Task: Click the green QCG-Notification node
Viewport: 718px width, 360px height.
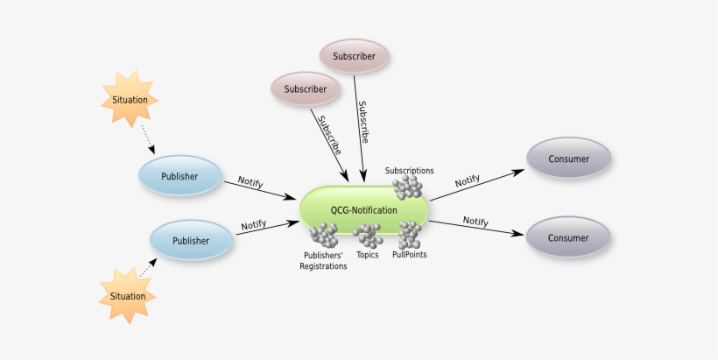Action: pyautogui.click(x=364, y=210)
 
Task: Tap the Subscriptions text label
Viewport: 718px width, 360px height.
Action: pyautogui.click(x=409, y=171)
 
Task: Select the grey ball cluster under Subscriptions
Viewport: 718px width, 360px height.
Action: pyautogui.click(x=407, y=187)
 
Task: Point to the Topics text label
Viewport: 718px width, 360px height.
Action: pyautogui.click(x=368, y=256)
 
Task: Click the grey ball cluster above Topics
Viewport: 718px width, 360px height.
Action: pyautogui.click(x=368, y=236)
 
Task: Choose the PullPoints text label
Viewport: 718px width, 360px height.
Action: pyautogui.click(x=409, y=256)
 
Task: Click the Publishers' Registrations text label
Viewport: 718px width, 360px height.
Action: pyautogui.click(x=323, y=261)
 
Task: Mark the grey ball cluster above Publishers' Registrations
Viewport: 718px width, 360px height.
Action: pyautogui.click(x=323, y=235)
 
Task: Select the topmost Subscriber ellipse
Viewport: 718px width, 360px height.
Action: pyautogui.click(x=354, y=57)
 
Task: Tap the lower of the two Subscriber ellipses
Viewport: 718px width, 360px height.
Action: pyautogui.click(x=305, y=88)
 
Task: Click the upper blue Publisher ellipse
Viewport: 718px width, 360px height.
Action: pyautogui.click(x=179, y=176)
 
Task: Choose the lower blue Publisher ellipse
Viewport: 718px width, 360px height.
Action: pyautogui.click(x=191, y=241)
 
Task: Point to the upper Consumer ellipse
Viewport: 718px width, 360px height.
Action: pyautogui.click(x=568, y=159)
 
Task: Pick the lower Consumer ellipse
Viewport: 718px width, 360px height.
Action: pyautogui.click(x=568, y=237)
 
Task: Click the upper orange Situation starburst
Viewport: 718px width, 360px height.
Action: pyautogui.click(x=130, y=99)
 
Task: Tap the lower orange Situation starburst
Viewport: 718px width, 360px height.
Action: pyautogui.click(x=128, y=295)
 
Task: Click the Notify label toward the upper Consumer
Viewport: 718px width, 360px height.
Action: pyautogui.click(x=468, y=180)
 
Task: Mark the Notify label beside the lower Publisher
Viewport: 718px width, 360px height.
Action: pyautogui.click(x=253, y=224)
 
